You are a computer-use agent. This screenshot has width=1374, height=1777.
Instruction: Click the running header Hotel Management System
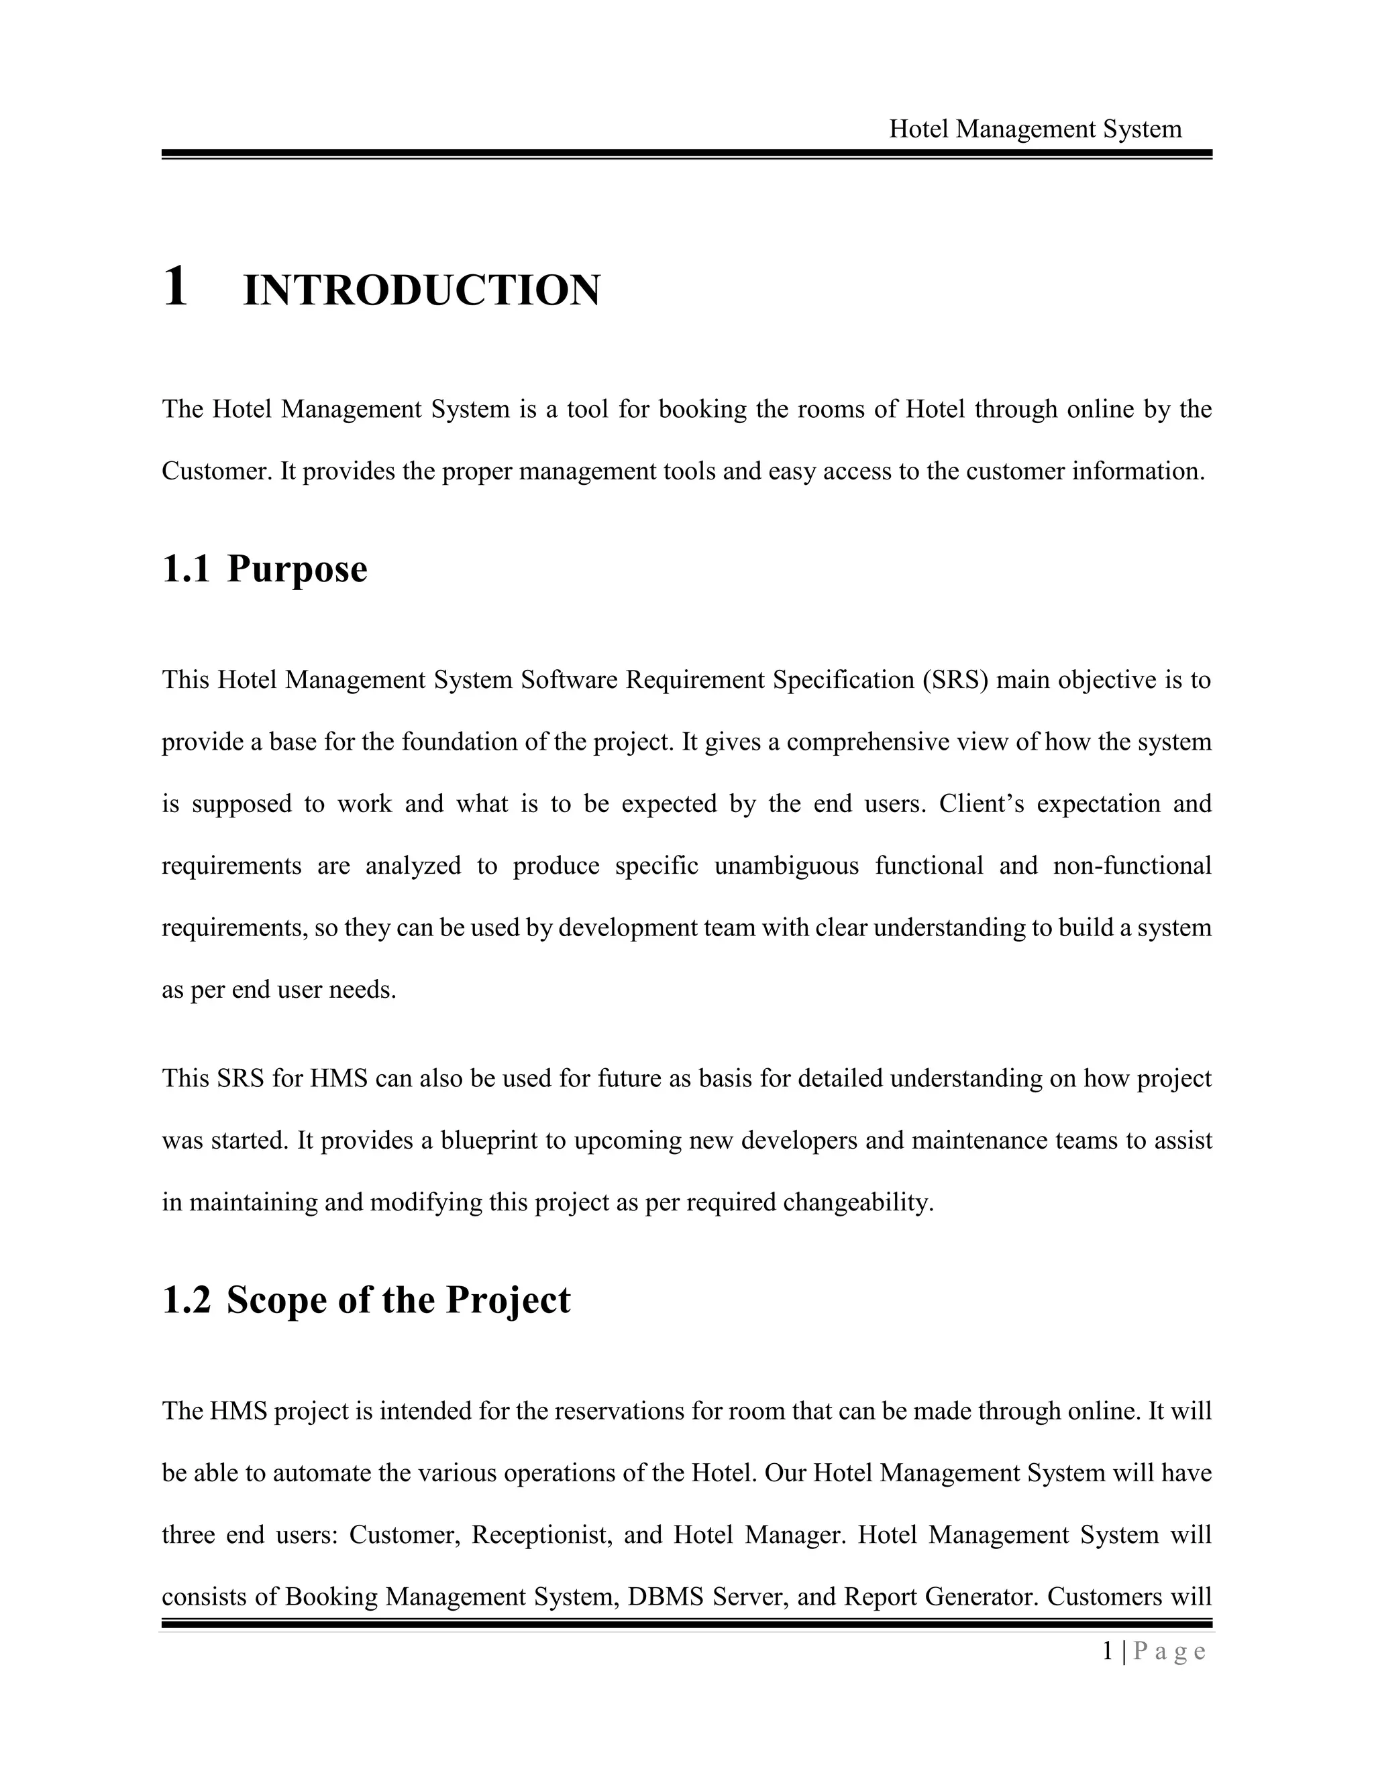tap(1035, 129)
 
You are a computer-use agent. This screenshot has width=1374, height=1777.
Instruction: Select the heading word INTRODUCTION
tap(421, 291)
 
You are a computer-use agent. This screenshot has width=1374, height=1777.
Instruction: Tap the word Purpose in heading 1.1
tap(297, 569)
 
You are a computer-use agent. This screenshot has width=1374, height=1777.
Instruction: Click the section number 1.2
tap(187, 1300)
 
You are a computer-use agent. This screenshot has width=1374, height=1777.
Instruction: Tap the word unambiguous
tap(786, 866)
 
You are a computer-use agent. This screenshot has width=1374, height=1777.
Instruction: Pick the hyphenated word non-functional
tap(1132, 866)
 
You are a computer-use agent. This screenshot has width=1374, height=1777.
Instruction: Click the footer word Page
tap(1169, 1652)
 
